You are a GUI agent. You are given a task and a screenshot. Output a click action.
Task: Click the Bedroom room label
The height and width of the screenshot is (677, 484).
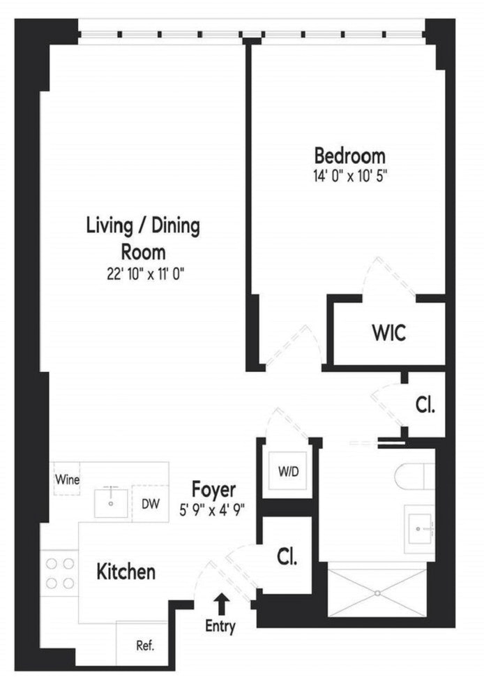(350, 156)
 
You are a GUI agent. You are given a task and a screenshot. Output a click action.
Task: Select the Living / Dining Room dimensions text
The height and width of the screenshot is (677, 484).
(145, 274)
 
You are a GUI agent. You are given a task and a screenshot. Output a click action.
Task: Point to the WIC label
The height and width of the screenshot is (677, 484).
(388, 333)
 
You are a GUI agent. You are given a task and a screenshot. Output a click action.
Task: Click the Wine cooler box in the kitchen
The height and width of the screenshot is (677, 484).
(67, 479)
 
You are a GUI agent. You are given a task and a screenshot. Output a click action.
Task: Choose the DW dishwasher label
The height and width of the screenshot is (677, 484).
(151, 503)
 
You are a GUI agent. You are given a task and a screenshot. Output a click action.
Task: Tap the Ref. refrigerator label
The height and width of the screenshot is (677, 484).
(145, 646)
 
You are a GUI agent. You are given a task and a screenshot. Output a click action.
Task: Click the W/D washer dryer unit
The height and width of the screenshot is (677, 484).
(288, 472)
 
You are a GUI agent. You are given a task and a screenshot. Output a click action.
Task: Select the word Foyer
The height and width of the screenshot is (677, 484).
(213, 490)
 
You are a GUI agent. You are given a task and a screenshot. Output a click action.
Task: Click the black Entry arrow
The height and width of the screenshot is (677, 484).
(222, 604)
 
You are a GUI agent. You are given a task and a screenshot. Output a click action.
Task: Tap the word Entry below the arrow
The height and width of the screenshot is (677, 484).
(220, 626)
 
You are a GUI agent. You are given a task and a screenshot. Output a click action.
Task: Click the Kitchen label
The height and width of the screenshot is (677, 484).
(126, 572)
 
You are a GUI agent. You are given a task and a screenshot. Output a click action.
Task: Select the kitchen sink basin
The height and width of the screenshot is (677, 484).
(112, 503)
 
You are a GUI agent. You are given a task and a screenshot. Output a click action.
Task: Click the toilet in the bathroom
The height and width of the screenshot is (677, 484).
(414, 476)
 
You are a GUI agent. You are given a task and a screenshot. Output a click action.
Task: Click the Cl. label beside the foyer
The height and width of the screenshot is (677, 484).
(287, 557)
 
